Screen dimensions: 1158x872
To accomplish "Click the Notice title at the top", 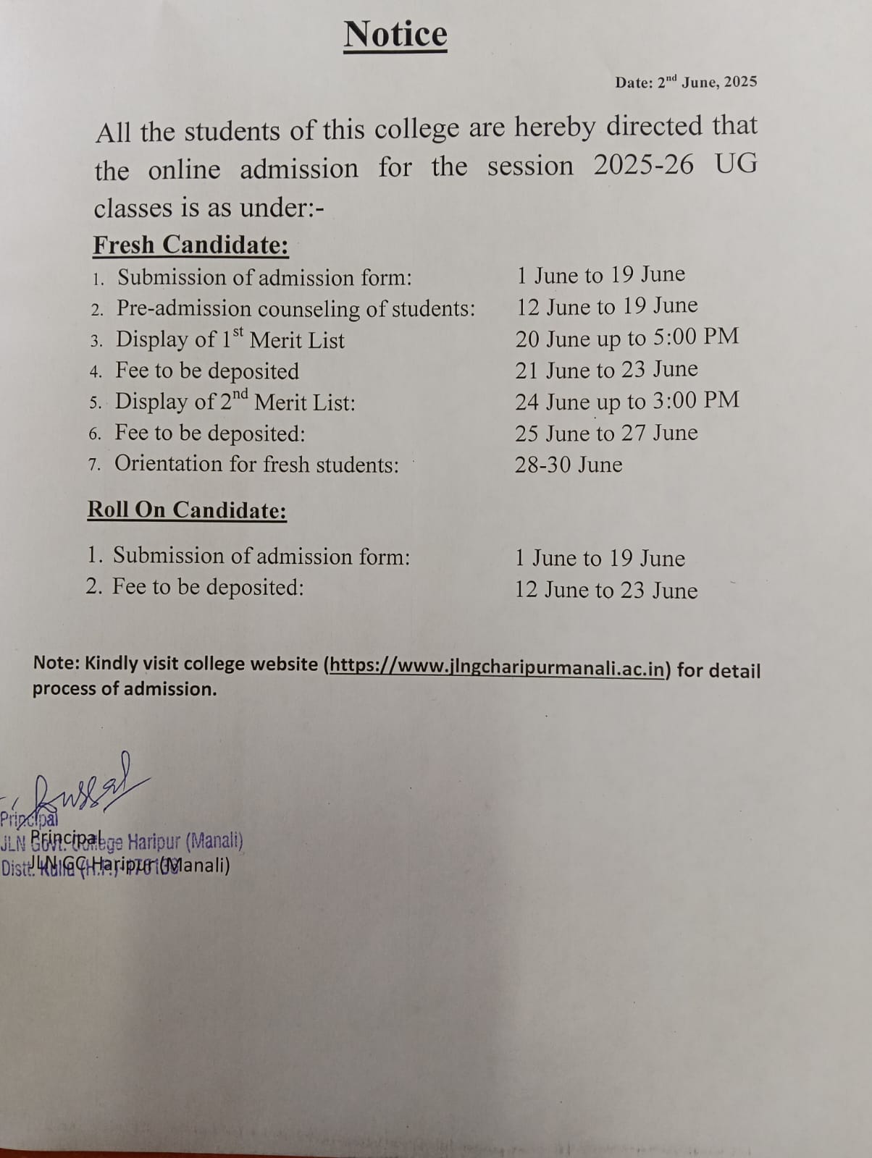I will [x=395, y=35].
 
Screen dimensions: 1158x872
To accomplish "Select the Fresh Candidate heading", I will [x=190, y=245].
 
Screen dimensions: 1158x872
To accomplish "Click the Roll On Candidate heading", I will [x=187, y=510].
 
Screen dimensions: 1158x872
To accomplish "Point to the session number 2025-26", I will [x=643, y=166].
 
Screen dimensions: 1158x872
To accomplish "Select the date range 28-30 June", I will [x=569, y=465].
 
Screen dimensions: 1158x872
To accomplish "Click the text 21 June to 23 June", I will [x=606, y=370].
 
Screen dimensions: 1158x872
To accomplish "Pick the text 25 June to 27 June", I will [x=606, y=433].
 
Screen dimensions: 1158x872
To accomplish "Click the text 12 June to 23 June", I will [x=606, y=590].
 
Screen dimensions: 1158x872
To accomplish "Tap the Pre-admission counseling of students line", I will [x=295, y=309].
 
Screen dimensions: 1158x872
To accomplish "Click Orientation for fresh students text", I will [x=256, y=464].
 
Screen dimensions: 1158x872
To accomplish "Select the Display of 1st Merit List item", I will [x=230, y=339].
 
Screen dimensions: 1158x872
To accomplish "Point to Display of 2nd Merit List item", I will [x=235, y=402].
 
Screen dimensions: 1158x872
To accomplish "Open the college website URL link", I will [x=498, y=667].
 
